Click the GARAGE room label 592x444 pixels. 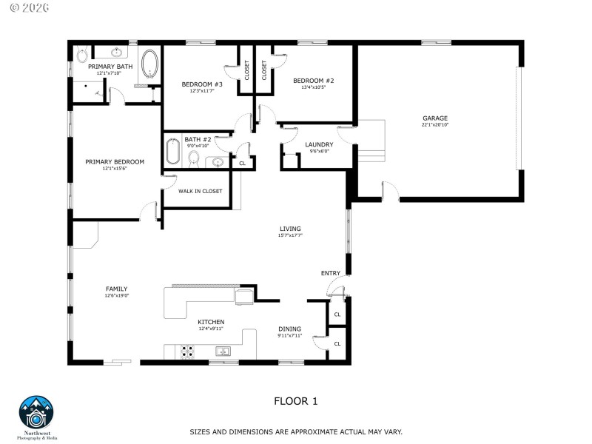click(435, 118)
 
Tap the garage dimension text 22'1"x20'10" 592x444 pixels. click(435, 125)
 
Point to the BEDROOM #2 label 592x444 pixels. click(313, 81)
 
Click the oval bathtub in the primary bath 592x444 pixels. click(149, 64)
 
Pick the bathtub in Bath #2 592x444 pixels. click(172, 151)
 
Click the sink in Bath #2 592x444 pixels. click(218, 163)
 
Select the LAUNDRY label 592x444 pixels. click(319, 144)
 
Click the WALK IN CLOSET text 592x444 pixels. click(200, 191)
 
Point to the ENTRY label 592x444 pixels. click(330, 273)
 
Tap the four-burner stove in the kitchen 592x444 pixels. click(188, 351)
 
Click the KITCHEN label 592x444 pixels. click(210, 322)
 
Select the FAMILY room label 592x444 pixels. click(116, 289)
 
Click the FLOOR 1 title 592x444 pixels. click(295, 401)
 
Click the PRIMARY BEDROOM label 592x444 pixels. click(114, 161)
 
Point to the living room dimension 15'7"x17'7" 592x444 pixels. click(290, 235)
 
